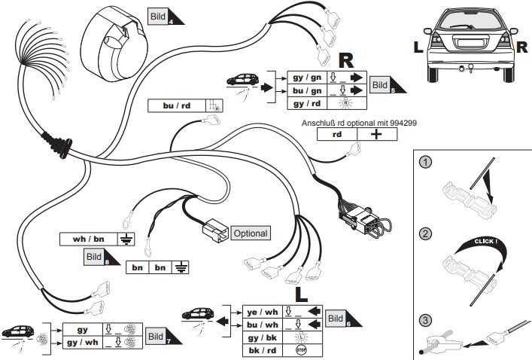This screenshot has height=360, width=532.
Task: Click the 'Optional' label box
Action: [x=250, y=233]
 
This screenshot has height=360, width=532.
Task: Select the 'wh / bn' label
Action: [x=89, y=239]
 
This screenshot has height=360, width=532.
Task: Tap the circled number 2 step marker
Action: [x=426, y=234]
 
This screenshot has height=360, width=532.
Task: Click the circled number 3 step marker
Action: [x=426, y=319]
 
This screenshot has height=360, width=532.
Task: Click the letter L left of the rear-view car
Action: [x=418, y=47]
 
